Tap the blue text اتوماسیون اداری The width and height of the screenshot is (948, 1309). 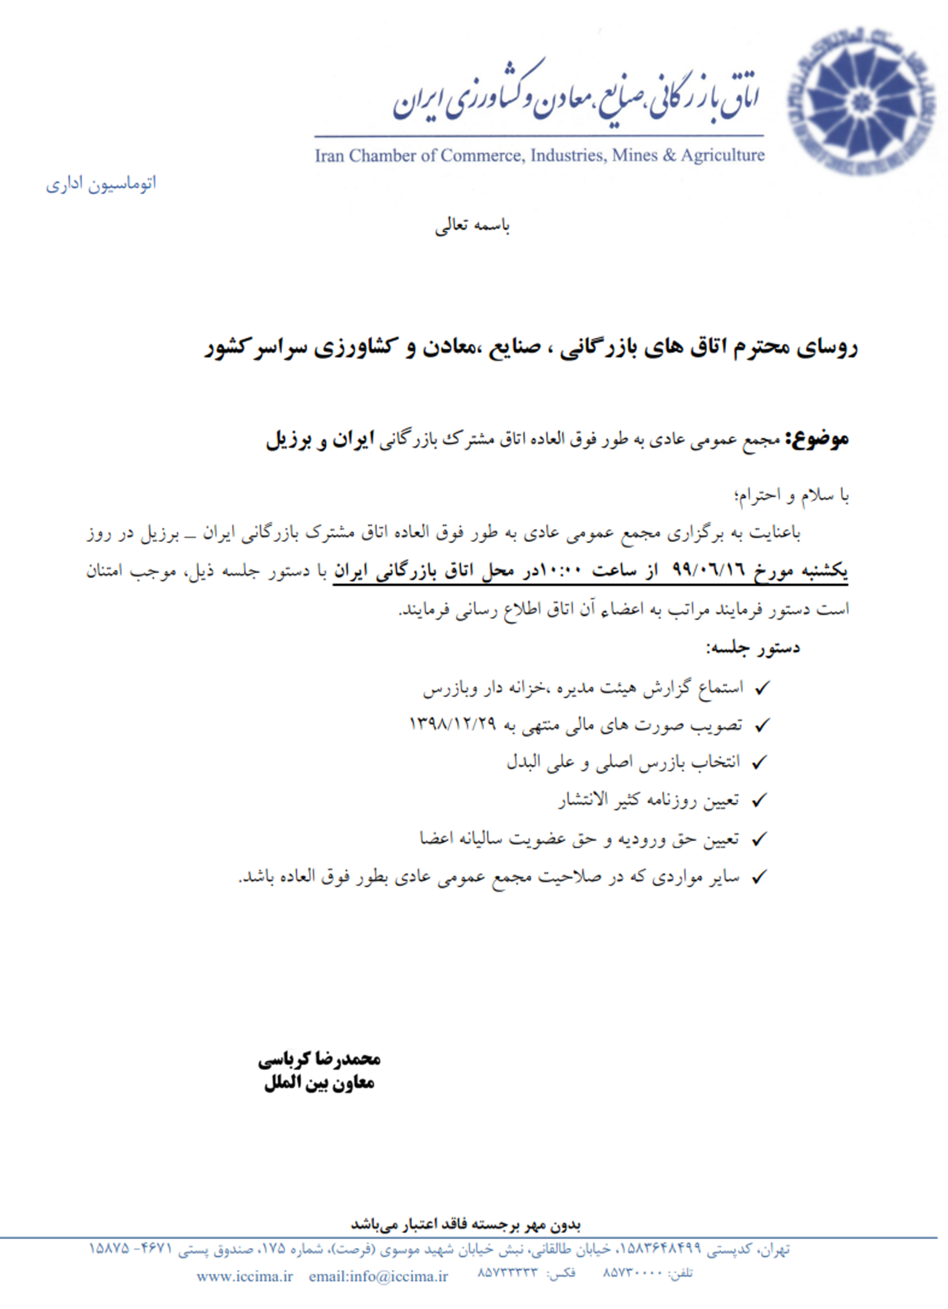[101, 184]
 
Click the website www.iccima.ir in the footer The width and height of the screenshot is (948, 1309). [245, 1276]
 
